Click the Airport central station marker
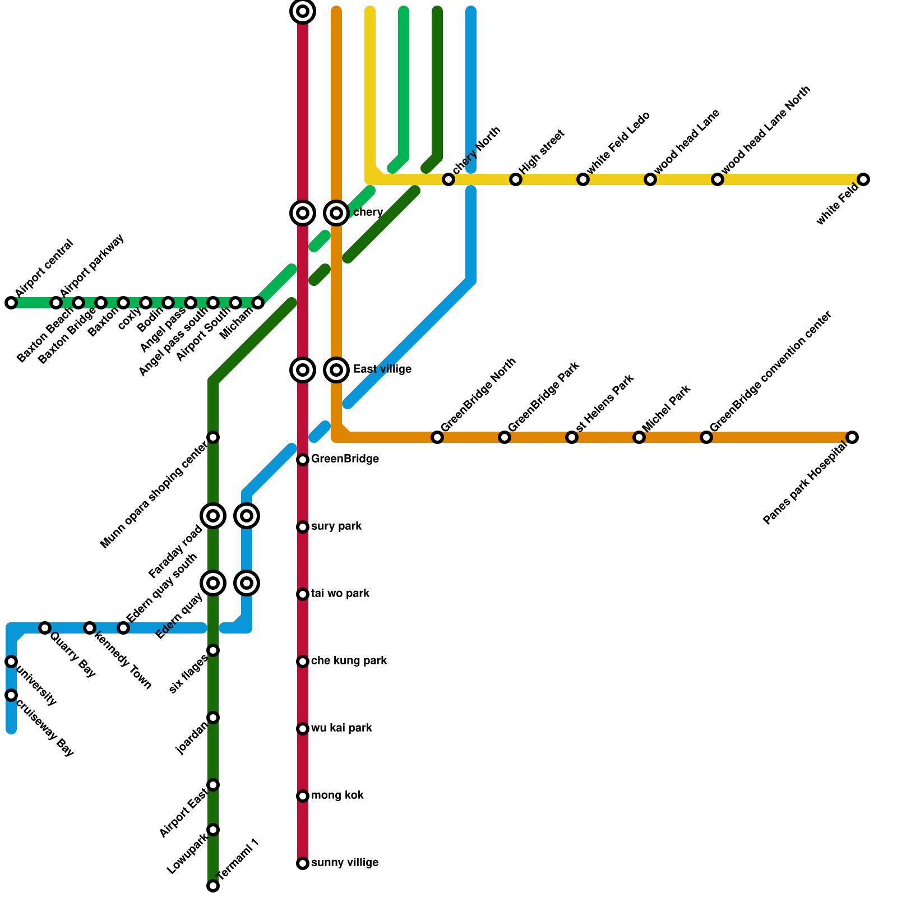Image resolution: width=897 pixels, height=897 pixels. (x=11, y=303)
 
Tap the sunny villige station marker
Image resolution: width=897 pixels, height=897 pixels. (x=303, y=863)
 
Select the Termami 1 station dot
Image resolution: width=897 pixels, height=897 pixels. (x=213, y=886)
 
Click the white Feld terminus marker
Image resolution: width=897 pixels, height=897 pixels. (x=863, y=179)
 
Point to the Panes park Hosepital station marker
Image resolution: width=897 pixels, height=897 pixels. (x=852, y=437)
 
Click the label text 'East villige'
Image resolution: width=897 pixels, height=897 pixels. (x=382, y=369)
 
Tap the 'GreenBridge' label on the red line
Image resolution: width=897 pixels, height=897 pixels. (x=345, y=459)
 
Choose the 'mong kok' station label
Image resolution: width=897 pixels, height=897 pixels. (x=337, y=796)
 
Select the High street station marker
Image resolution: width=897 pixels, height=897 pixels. (x=516, y=179)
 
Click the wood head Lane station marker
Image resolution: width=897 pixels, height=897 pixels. (x=650, y=179)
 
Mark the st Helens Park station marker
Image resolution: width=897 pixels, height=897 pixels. (x=572, y=437)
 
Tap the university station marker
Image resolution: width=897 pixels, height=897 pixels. (x=11, y=662)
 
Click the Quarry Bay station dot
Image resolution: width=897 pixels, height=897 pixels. (x=45, y=628)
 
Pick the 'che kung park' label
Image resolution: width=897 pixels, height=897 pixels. (x=349, y=661)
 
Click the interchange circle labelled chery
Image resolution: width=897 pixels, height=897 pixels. (x=336, y=213)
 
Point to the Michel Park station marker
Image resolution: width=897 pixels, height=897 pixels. (x=639, y=437)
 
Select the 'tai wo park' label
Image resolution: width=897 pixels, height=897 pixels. (x=340, y=594)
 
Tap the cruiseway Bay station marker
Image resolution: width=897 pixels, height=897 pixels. (x=11, y=695)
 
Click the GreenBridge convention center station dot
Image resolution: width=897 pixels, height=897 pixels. (x=706, y=437)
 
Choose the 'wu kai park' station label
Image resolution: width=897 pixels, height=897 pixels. (x=341, y=728)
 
